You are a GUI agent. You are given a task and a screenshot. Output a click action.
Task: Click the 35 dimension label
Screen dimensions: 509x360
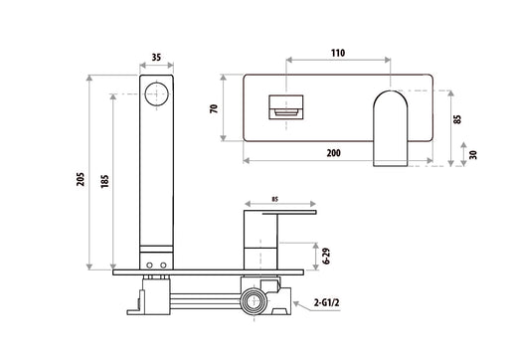point(156,58)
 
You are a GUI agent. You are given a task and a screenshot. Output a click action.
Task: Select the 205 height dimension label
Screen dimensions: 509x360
point(81,179)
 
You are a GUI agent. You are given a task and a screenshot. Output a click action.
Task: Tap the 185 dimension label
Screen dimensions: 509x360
point(104,182)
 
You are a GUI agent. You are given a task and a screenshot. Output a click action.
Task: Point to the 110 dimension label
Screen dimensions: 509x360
point(338,53)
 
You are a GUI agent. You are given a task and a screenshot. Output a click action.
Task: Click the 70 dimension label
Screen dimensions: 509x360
point(214,108)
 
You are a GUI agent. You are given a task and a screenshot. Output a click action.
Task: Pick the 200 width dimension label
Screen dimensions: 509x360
point(333,153)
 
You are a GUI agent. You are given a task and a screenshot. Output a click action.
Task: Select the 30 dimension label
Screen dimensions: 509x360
point(473,155)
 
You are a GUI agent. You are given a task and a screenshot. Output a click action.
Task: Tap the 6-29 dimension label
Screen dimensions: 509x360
point(327,256)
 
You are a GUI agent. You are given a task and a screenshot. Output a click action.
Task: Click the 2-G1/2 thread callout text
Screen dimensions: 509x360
point(327,302)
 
